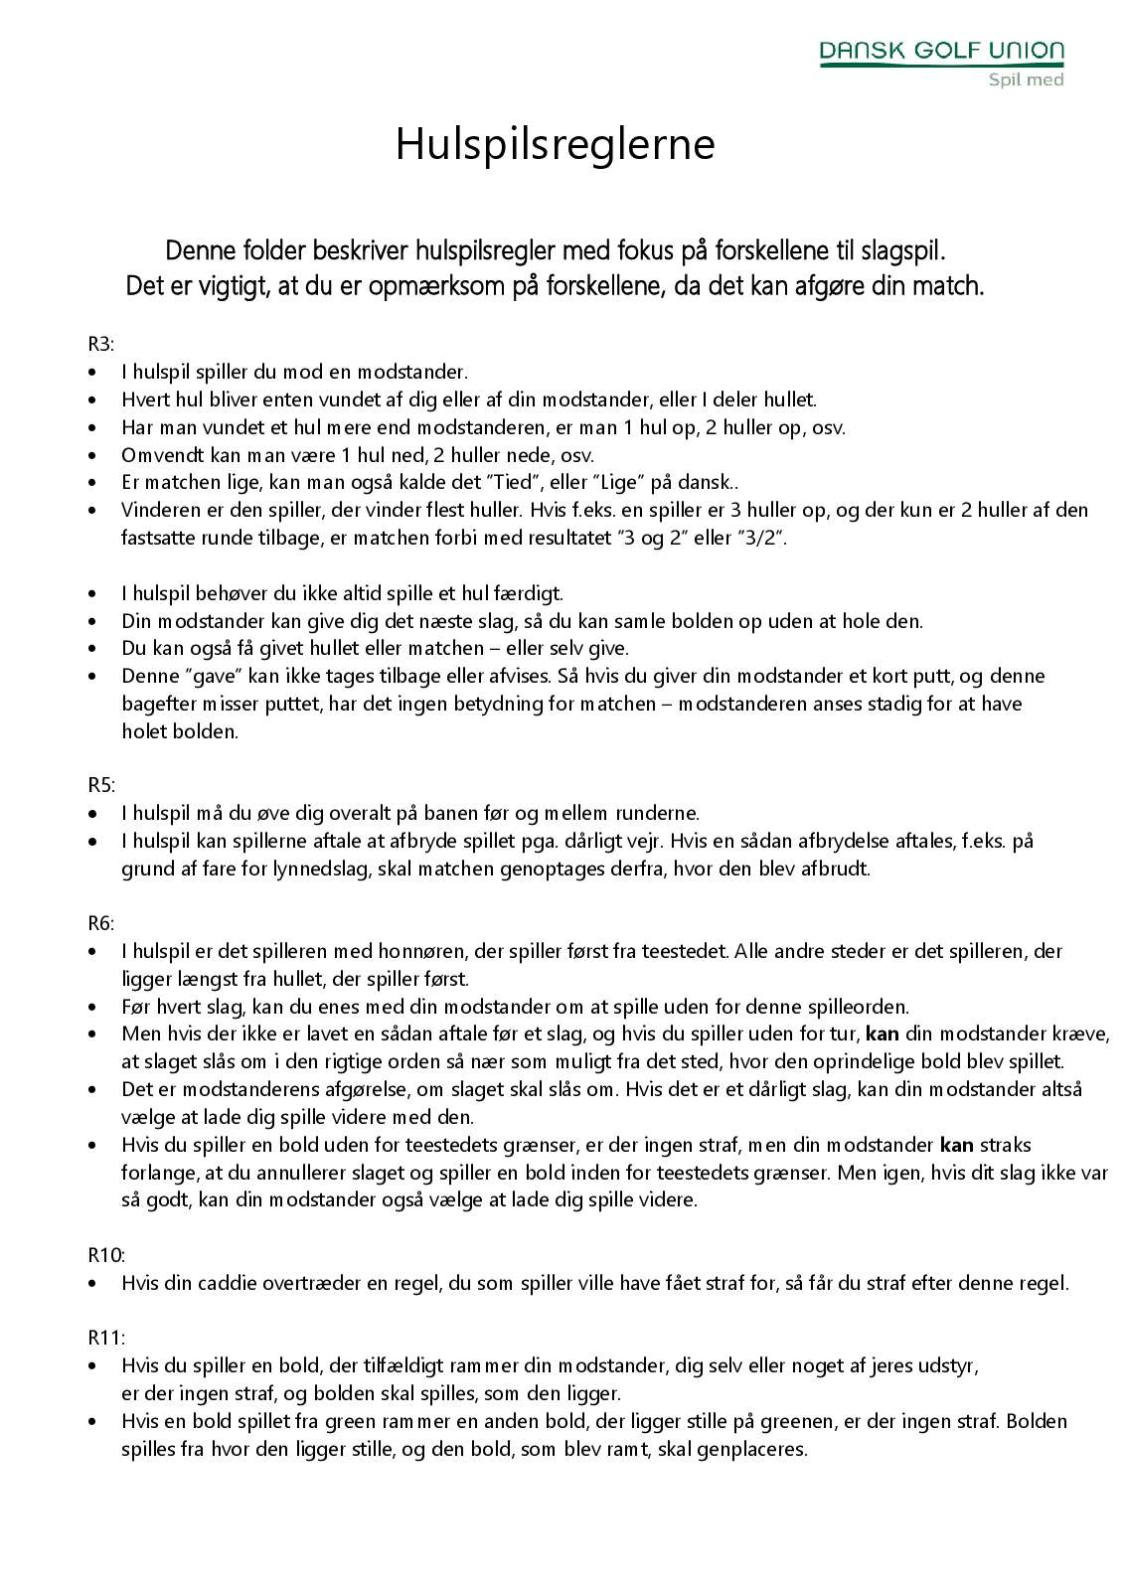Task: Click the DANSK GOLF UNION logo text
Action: click(x=941, y=51)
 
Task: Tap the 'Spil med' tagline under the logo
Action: click(x=1026, y=79)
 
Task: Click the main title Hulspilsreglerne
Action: click(x=556, y=144)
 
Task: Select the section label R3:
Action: click(x=101, y=345)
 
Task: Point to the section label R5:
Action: click(x=101, y=784)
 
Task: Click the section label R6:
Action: click(x=101, y=922)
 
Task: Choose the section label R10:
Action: click(x=106, y=1254)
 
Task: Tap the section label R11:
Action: click(x=106, y=1337)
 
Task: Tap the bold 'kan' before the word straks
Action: click(x=955, y=1145)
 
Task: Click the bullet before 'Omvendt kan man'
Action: click(x=94, y=456)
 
